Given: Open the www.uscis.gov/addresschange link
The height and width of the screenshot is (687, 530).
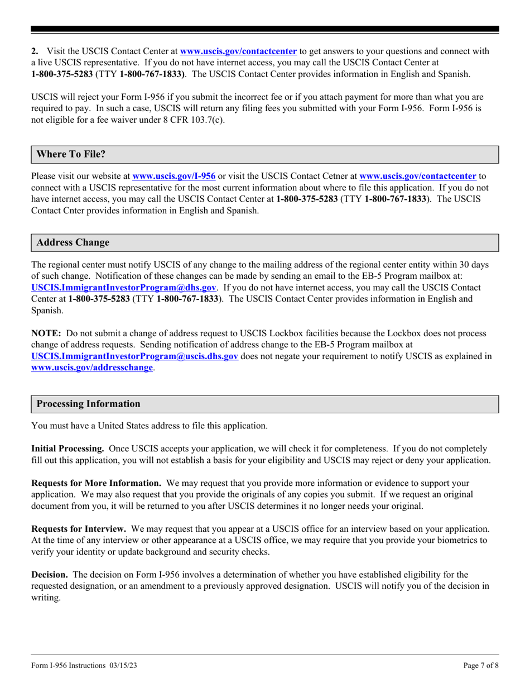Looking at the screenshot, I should [92, 368].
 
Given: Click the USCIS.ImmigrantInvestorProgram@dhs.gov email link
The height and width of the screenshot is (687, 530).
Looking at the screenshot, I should [124, 287].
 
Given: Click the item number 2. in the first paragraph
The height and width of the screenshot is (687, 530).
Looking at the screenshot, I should [35, 51].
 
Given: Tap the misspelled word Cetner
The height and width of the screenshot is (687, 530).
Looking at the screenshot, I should [344, 176].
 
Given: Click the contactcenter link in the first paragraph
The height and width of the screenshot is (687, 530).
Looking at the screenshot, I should [238, 51].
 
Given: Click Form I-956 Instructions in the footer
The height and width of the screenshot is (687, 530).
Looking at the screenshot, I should [68, 665].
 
